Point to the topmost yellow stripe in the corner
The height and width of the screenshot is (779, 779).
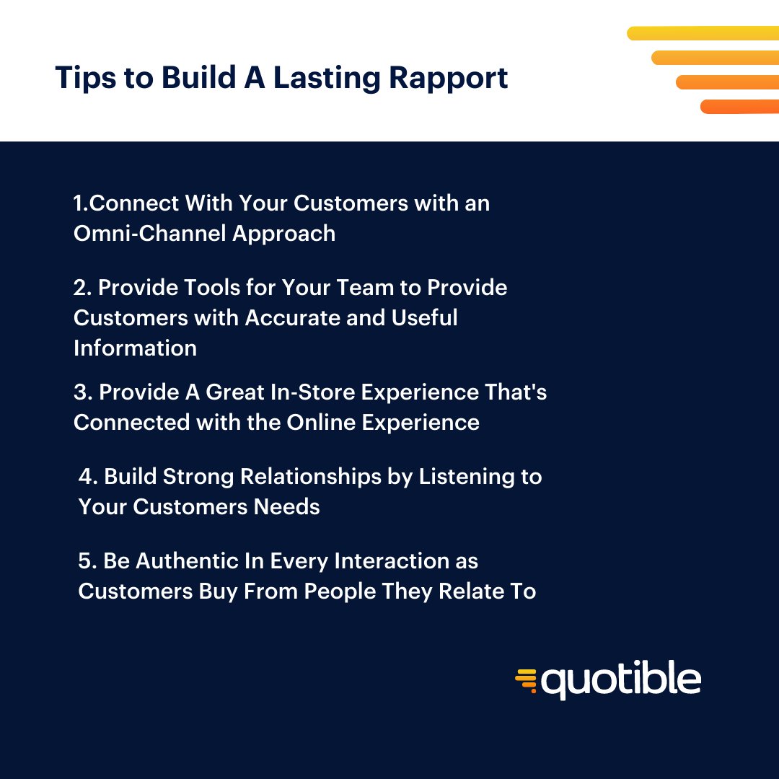point(703,33)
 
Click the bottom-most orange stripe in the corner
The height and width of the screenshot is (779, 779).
point(739,107)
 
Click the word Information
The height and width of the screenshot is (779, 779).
point(135,348)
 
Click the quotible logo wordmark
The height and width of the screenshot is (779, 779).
point(620,681)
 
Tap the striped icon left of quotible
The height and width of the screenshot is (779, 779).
point(527,681)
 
